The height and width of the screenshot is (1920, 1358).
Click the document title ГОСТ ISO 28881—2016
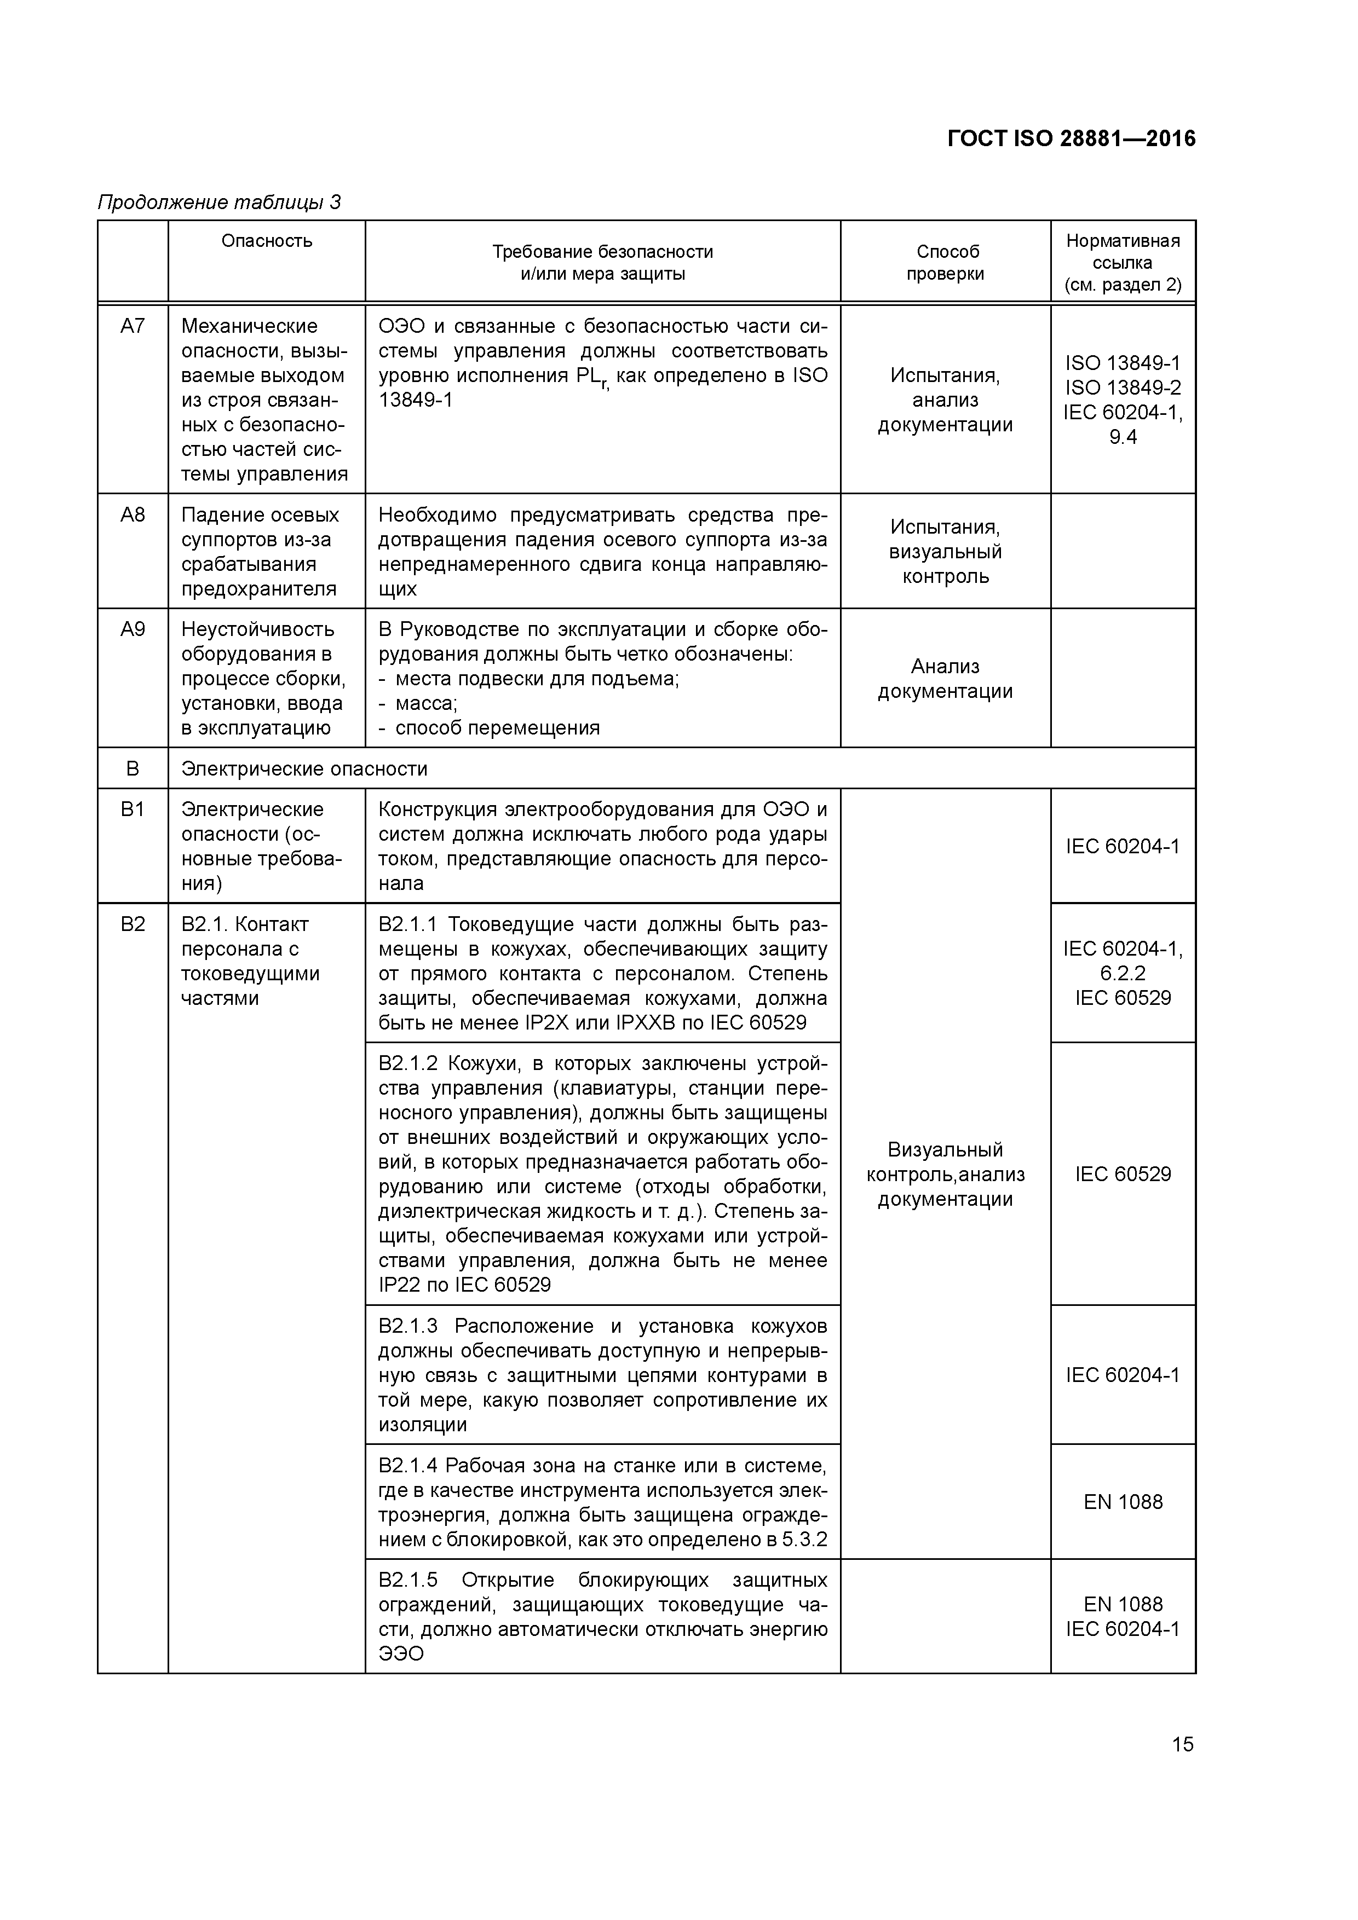[x=1071, y=139]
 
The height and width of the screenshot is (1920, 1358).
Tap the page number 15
[x=1182, y=1744]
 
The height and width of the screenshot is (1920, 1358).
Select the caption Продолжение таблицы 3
[x=219, y=203]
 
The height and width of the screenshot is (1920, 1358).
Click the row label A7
[x=133, y=326]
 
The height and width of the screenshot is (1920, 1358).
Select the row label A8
[x=133, y=515]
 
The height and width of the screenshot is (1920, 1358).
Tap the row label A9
[x=133, y=629]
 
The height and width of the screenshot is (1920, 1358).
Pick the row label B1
[x=133, y=809]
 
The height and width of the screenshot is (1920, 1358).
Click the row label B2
[x=133, y=924]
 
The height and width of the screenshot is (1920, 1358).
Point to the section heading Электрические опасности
[x=304, y=768]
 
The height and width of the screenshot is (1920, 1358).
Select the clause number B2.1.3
[x=408, y=1326]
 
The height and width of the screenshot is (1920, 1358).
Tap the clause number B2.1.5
[x=408, y=1580]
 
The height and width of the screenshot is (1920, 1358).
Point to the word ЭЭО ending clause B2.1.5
[x=401, y=1654]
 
